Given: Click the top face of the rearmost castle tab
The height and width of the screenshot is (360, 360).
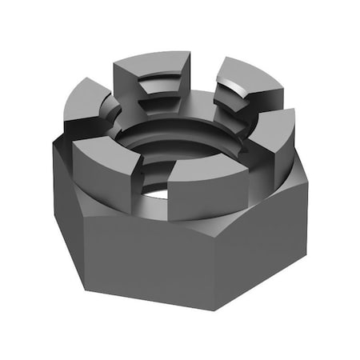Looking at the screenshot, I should tap(152, 64).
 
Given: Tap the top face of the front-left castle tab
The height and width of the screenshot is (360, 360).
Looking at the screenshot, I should tap(104, 146).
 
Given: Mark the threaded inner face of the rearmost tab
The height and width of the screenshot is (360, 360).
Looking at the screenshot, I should tap(160, 96).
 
